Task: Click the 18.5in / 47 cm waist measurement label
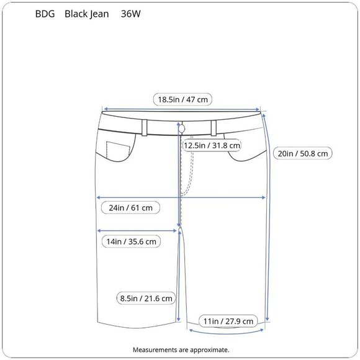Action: [x=183, y=99]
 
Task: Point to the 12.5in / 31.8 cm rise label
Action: [x=212, y=145]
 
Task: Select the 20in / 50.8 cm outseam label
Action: [x=304, y=153]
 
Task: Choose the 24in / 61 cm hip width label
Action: [x=130, y=207]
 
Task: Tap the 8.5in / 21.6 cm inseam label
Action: [x=146, y=299]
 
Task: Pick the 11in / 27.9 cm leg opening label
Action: [x=228, y=321]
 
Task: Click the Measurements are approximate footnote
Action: [x=181, y=350]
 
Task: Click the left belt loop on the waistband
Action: [x=144, y=127]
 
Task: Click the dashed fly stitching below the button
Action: [x=191, y=171]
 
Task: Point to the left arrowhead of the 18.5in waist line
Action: [x=104, y=109]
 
